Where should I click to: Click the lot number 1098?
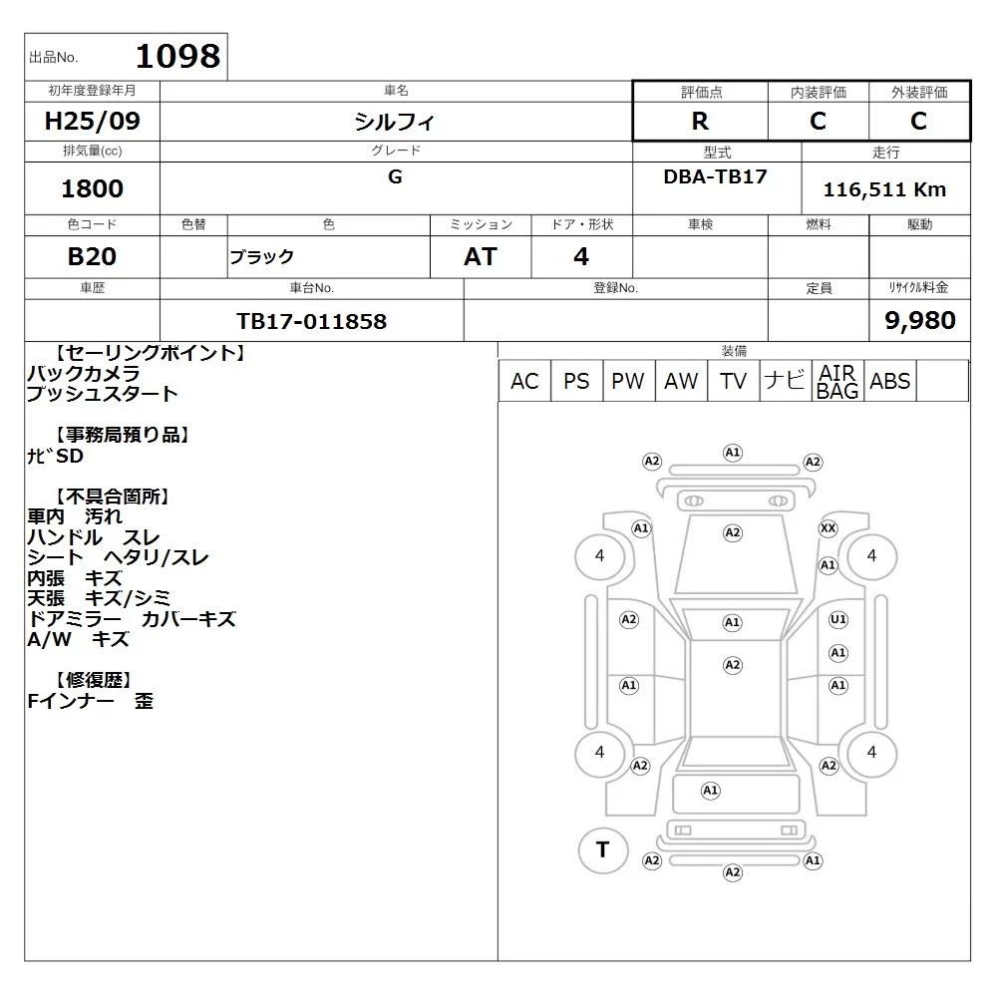point(178,56)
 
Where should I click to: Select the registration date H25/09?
point(92,121)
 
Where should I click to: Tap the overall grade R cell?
point(700,121)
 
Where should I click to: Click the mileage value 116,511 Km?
point(884,189)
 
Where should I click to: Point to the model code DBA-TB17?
point(715,176)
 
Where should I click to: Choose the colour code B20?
point(92,256)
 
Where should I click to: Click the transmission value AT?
point(481,256)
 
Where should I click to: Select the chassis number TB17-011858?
point(311,321)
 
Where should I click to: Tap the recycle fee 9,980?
point(920,320)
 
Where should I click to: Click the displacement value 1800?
point(92,188)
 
